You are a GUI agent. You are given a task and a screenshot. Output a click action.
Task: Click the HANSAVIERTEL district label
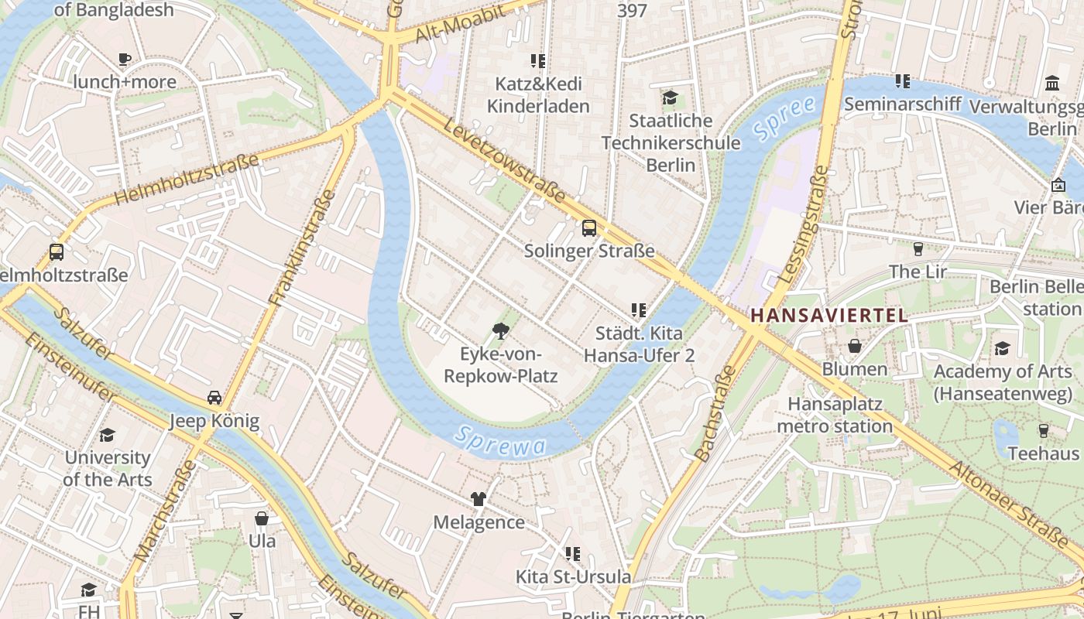(x=828, y=315)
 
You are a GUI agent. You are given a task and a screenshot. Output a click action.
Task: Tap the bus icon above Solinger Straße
(x=589, y=227)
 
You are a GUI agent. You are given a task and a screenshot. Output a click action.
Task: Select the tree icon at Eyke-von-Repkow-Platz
(x=501, y=332)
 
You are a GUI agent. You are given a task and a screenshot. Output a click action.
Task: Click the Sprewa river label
(x=500, y=441)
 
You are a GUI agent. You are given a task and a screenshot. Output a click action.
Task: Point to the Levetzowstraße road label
(x=504, y=160)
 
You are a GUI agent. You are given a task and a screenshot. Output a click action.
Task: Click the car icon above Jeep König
(x=214, y=398)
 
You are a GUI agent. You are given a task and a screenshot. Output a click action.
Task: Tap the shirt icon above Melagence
(x=479, y=499)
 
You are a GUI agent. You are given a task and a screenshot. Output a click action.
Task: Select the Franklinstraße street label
(x=303, y=247)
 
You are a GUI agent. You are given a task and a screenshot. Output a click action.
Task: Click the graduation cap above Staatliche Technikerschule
(x=670, y=97)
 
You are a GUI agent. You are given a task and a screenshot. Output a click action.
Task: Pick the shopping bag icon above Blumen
(x=855, y=346)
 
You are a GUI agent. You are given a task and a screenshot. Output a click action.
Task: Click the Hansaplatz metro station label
(x=835, y=415)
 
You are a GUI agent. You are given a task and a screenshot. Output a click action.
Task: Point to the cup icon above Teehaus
(x=1043, y=430)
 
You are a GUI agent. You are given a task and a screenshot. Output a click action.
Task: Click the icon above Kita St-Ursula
(x=573, y=553)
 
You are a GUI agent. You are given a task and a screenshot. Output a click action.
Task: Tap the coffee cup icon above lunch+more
(x=124, y=59)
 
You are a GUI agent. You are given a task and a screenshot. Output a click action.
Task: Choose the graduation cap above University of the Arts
(x=107, y=435)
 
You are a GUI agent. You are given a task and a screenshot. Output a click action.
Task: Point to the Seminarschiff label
(x=902, y=104)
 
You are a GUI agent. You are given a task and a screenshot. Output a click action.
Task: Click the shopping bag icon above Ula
(x=262, y=518)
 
